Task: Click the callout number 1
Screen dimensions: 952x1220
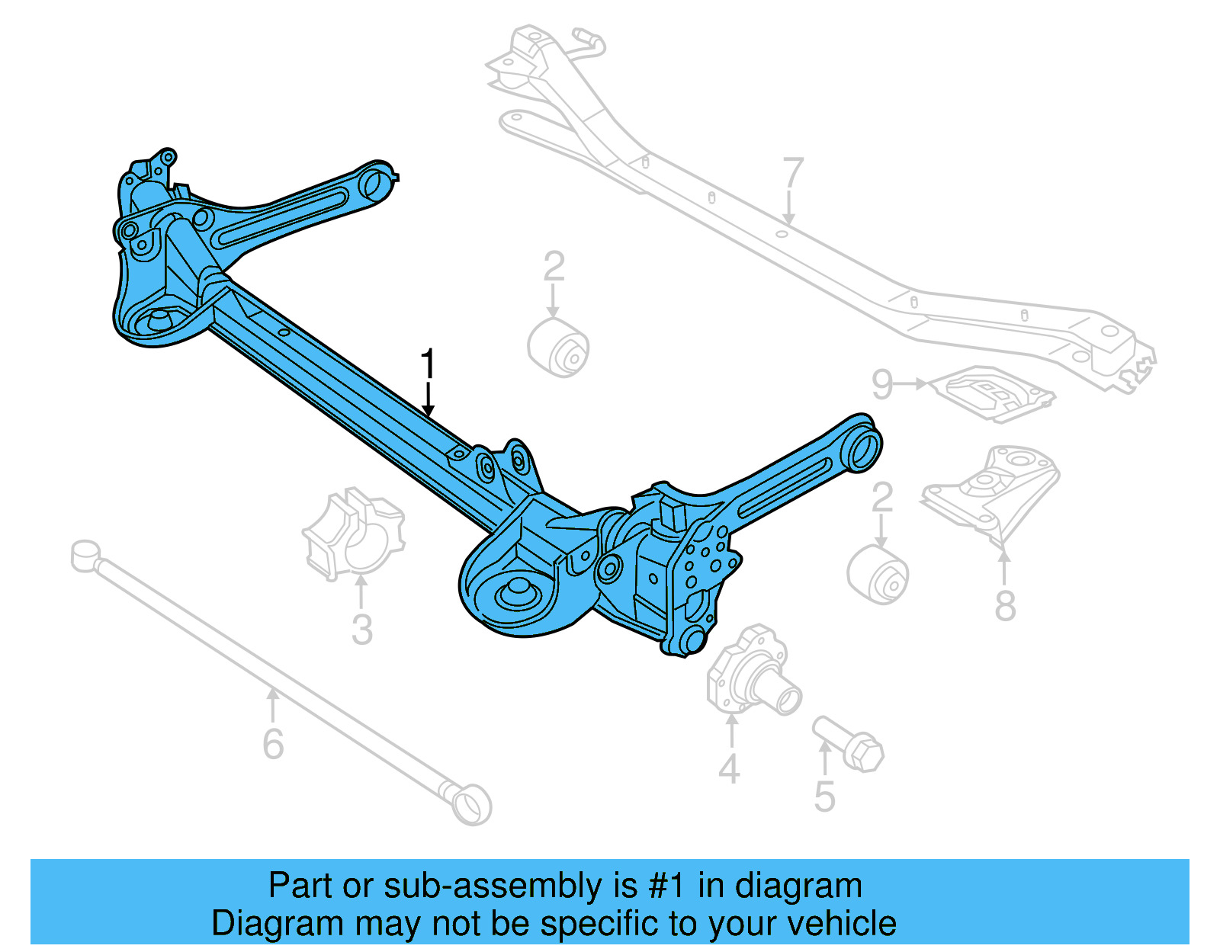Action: tap(429, 364)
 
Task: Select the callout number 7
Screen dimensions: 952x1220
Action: tap(793, 173)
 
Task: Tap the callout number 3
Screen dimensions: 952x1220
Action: tap(361, 630)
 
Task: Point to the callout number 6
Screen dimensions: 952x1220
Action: tap(273, 744)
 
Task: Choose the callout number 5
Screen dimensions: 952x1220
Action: tap(824, 796)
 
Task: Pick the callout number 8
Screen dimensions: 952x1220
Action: tap(1005, 606)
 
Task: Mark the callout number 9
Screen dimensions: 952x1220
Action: tap(882, 384)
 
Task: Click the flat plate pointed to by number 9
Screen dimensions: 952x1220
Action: tap(995, 392)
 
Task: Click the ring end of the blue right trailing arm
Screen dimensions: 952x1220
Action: tap(862, 447)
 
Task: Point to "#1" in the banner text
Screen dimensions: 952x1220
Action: tap(667, 886)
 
